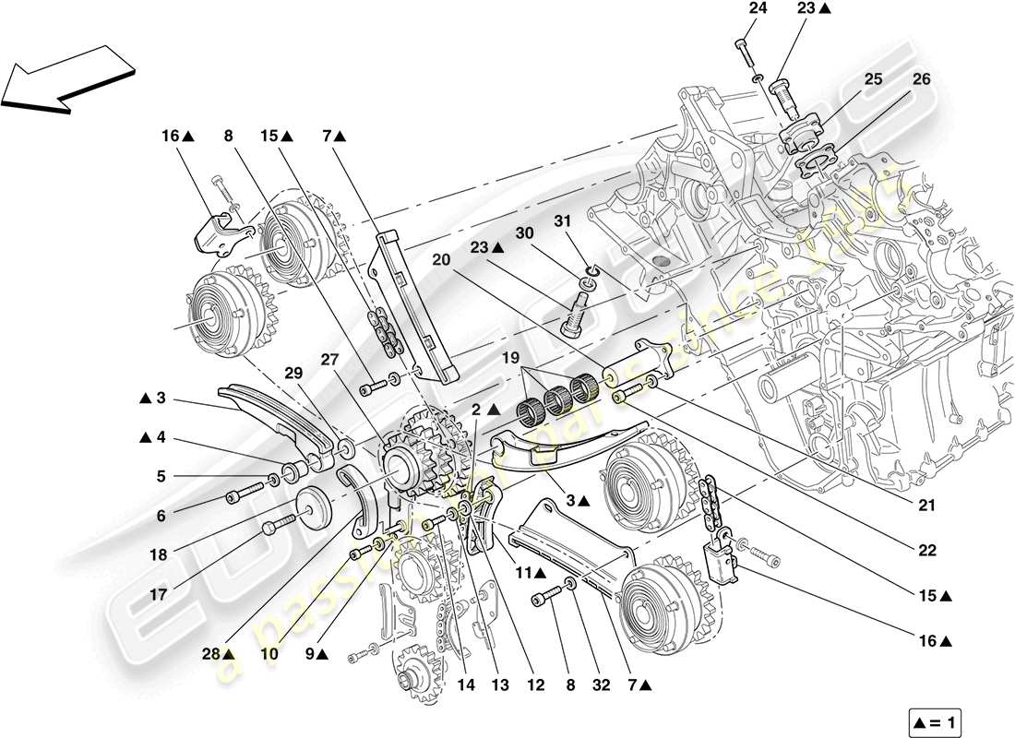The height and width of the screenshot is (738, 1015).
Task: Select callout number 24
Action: point(757,8)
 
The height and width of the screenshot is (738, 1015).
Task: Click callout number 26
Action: point(921,80)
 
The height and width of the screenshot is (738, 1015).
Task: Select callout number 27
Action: point(328,361)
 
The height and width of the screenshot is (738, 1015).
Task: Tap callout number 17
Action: point(160,595)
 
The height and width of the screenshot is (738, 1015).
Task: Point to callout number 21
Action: point(926,506)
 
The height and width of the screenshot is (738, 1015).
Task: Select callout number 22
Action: point(926,551)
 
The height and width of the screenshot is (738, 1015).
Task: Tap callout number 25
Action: point(873,80)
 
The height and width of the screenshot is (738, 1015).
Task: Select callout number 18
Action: point(160,555)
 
